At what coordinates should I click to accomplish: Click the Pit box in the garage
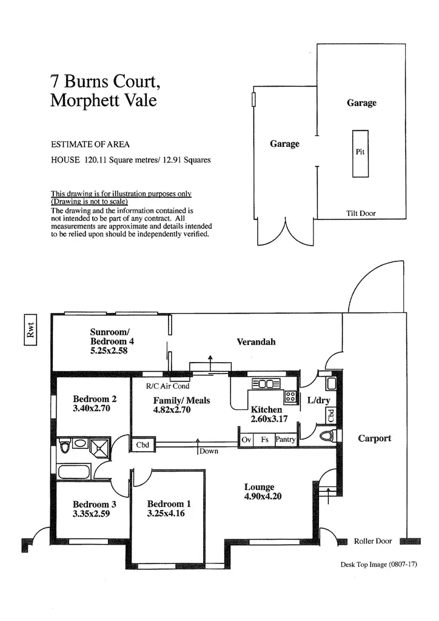coord(360,153)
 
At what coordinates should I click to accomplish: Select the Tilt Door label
coord(361,213)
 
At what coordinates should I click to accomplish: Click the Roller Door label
coord(373,541)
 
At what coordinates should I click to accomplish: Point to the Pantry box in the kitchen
coord(285,440)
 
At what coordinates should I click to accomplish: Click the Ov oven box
coord(246,440)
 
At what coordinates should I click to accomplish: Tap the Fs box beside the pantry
coord(264,440)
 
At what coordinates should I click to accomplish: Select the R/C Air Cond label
coord(167,386)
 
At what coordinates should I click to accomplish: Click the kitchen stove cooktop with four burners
coord(290,397)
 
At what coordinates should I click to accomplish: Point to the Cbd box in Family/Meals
coord(142,445)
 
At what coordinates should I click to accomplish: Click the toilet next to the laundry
coord(327,435)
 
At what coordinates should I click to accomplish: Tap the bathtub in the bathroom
coord(74,471)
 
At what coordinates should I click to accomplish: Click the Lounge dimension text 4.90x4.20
coord(263,496)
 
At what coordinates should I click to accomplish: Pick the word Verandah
coord(256,342)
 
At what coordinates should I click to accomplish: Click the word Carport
coord(374,438)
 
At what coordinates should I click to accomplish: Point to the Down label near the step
coord(209,451)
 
